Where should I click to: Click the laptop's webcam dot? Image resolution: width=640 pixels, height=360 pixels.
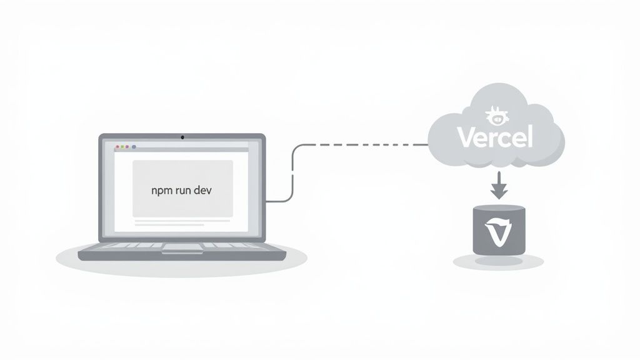pyautogui.click(x=182, y=136)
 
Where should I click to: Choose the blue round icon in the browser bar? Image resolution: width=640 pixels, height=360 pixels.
pyautogui.click(x=133, y=147)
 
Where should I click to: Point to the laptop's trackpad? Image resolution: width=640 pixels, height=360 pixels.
pyautogui.click(x=182, y=248)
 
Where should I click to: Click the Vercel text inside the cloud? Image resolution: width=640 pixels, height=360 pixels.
pyautogui.click(x=495, y=137)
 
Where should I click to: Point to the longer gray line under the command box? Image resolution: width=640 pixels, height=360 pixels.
pyautogui.click(x=182, y=220)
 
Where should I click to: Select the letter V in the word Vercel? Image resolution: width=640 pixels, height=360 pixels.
pyautogui.click(x=466, y=137)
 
